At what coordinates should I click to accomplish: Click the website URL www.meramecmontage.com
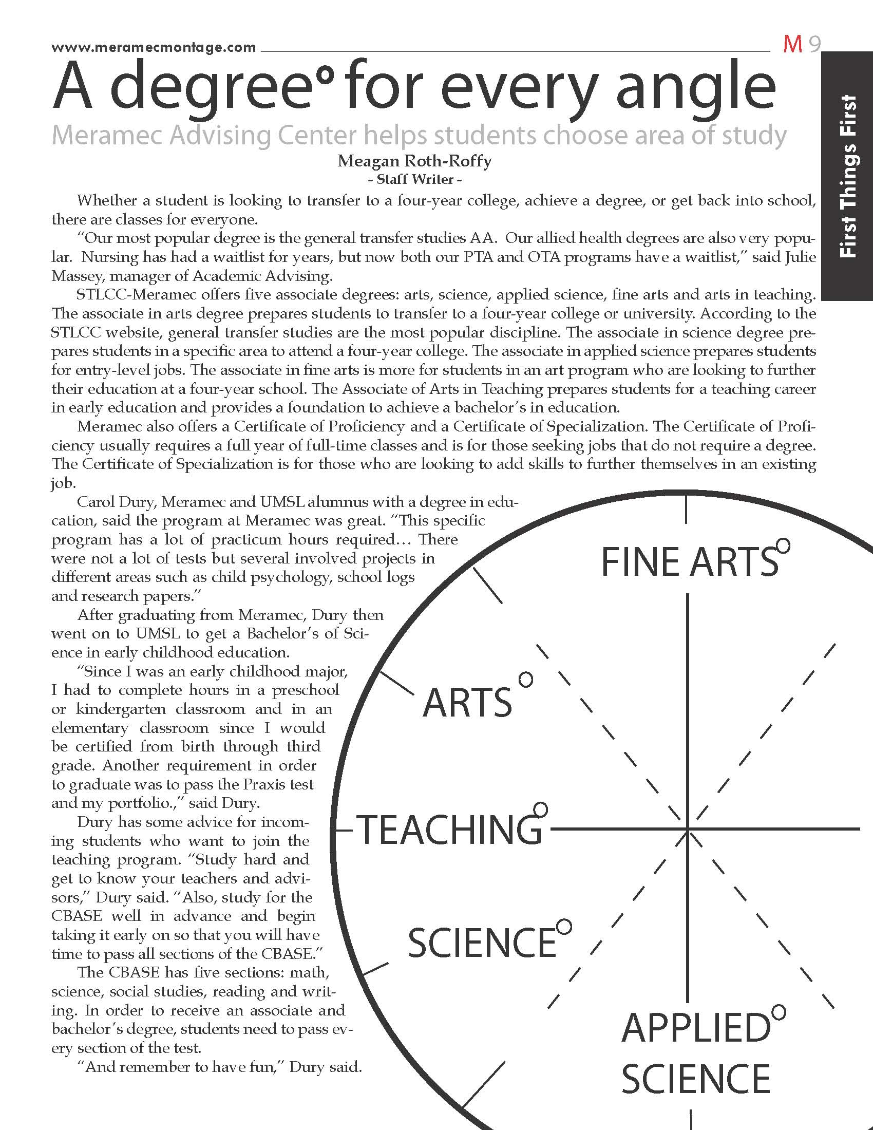(154, 48)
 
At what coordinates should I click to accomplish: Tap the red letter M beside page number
(792, 45)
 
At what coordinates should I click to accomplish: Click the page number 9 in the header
(814, 45)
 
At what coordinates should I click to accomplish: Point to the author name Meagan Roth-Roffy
(414, 161)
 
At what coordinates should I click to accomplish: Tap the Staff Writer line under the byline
(414, 179)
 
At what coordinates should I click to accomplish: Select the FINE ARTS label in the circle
(689, 562)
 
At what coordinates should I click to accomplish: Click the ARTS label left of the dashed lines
(467, 703)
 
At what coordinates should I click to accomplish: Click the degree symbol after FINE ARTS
(783, 545)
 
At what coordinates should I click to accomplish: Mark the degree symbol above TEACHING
(540, 808)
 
